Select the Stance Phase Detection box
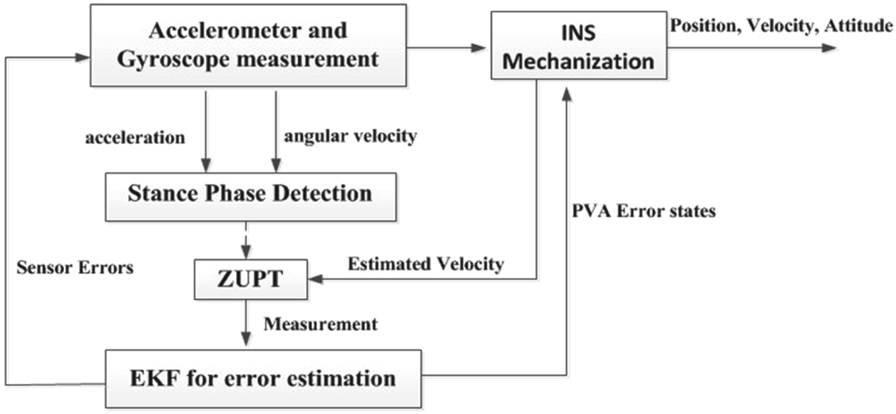coord(250,193)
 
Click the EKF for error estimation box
coord(263,378)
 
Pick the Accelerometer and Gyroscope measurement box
coord(248,45)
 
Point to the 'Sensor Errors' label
coord(74,267)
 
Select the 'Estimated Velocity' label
coord(426,264)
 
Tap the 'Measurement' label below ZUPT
coord(321,324)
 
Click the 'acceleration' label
coord(134,137)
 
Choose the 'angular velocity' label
coord(351,136)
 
